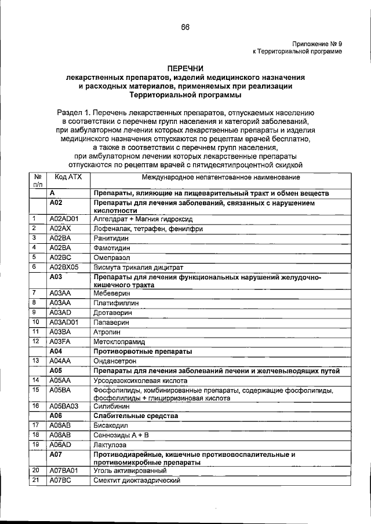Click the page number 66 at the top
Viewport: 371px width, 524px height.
185,27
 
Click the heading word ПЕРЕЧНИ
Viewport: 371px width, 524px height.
185,68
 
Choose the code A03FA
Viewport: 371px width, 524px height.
60,341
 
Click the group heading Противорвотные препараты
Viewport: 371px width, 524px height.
143,351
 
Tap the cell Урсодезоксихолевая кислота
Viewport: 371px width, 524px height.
140,381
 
